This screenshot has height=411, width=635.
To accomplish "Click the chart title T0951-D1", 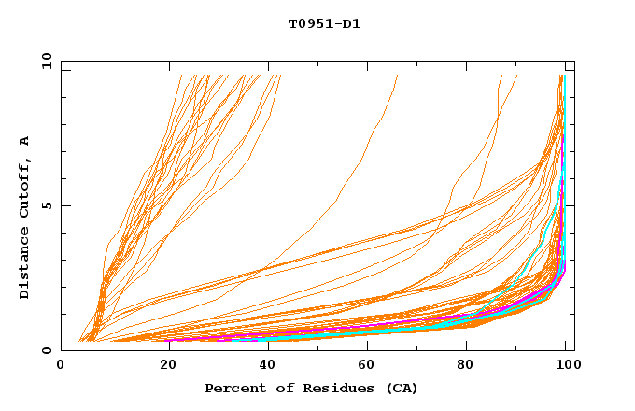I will pos(324,24).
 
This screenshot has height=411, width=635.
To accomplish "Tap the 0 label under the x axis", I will pos(62,366).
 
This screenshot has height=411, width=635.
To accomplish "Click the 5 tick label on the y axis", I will pos(47,205).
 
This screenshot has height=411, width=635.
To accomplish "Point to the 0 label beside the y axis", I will pos(47,350).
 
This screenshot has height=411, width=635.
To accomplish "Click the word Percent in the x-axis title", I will pos(233,388).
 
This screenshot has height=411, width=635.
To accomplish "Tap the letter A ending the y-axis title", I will pos(25,141).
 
